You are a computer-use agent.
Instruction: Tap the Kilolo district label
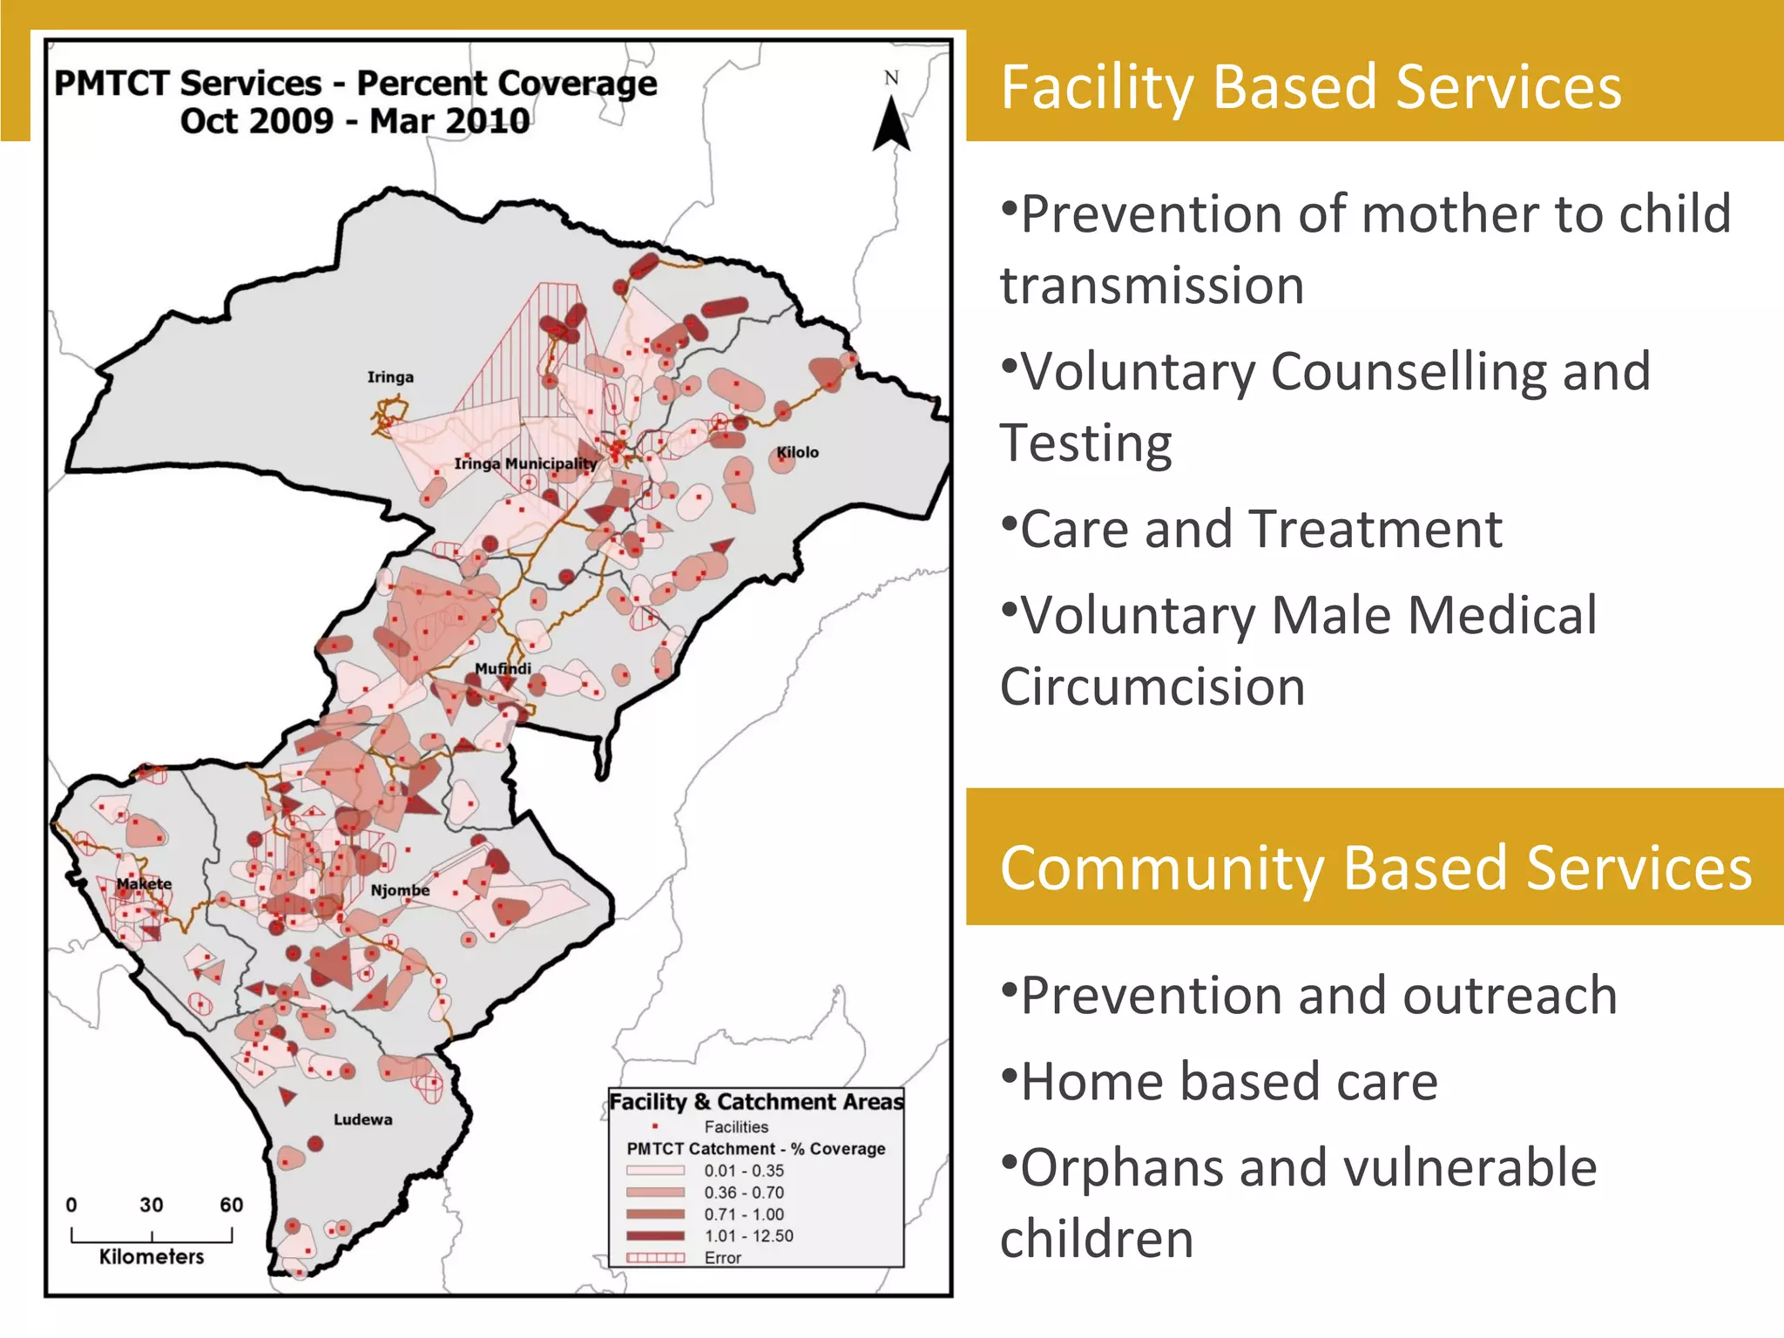pyautogui.click(x=797, y=452)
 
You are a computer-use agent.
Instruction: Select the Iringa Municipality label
pyautogui.click(x=525, y=463)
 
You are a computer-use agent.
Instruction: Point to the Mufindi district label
pyautogui.click(x=503, y=668)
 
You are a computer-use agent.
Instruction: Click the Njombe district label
pyautogui.click(x=400, y=890)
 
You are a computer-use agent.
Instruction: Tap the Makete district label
pyautogui.click(x=144, y=883)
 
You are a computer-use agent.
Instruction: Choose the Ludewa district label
pyautogui.click(x=362, y=1119)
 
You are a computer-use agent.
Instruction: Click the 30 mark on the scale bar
pyautogui.click(x=152, y=1205)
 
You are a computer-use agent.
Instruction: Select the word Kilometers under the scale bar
pyautogui.click(x=152, y=1256)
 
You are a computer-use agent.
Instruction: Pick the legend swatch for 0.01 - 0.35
pyautogui.click(x=655, y=1171)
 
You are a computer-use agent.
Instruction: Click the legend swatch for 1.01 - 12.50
pyautogui.click(x=655, y=1236)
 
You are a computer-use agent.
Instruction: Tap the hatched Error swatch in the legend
pyautogui.click(x=655, y=1258)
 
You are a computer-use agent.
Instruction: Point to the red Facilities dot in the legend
pyautogui.click(x=655, y=1127)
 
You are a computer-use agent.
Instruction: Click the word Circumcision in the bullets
pyautogui.click(x=1152, y=687)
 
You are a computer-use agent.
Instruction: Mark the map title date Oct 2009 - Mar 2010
pyautogui.click(x=355, y=121)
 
